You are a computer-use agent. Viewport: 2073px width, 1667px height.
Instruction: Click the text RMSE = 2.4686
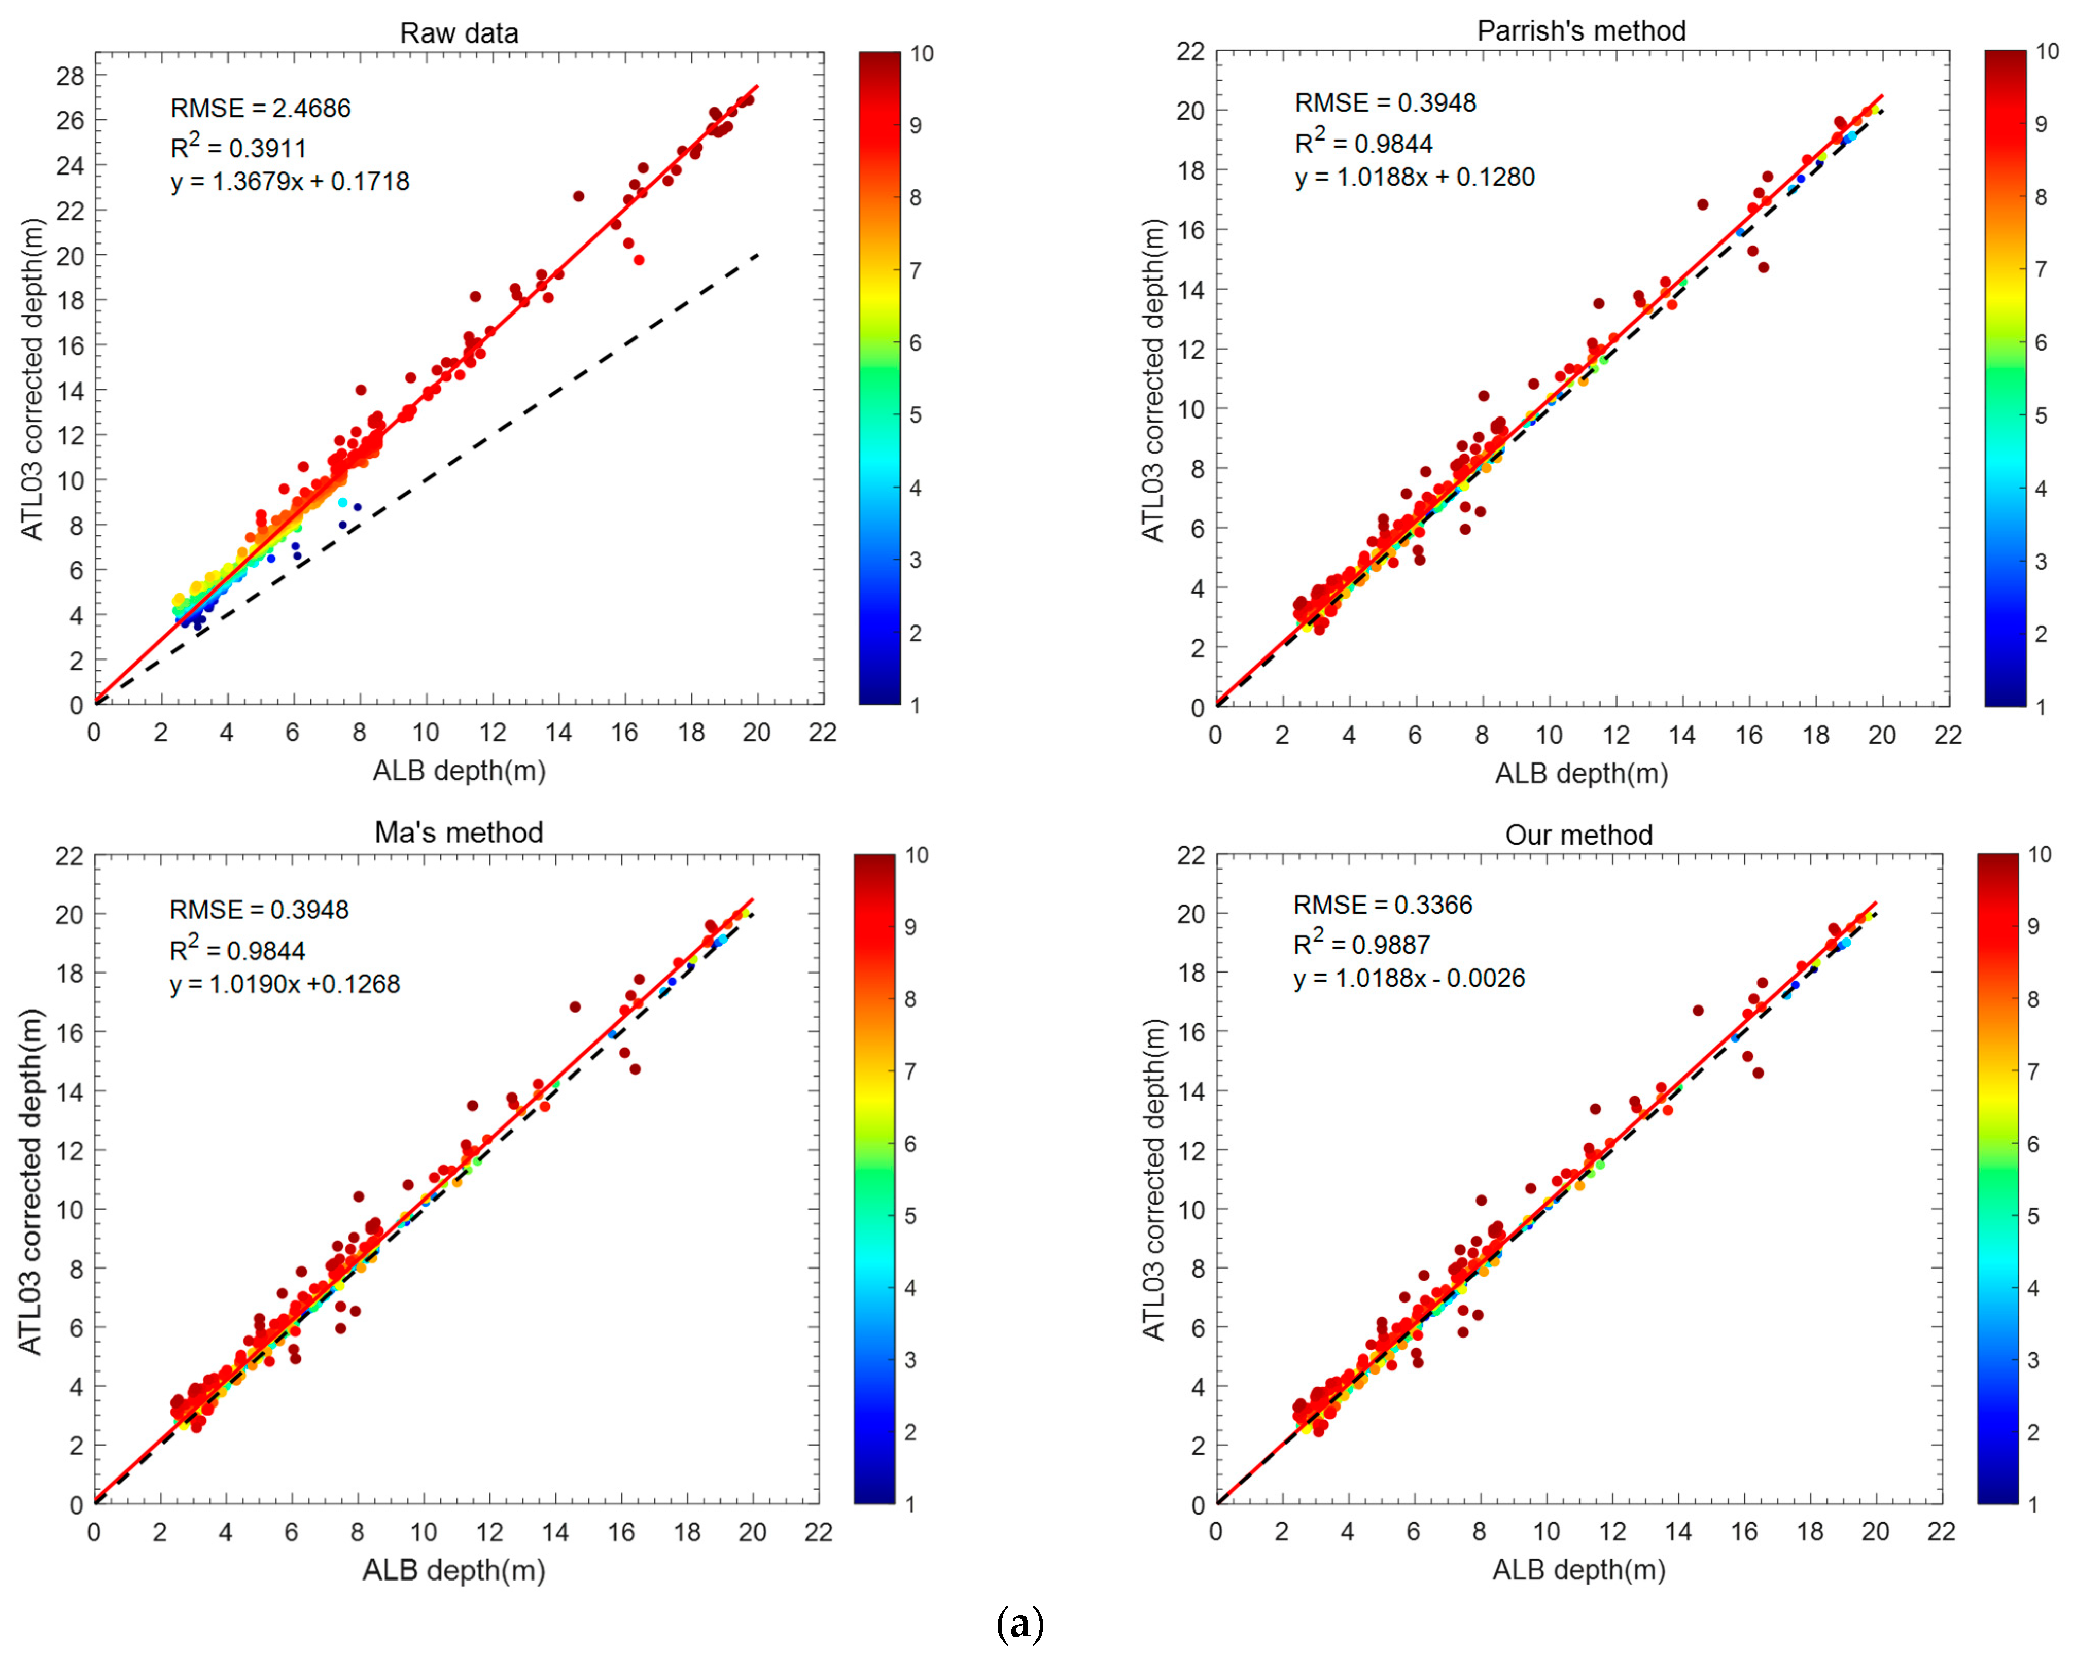coord(260,108)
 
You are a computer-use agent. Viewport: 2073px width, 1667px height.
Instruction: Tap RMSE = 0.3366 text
coord(1383,904)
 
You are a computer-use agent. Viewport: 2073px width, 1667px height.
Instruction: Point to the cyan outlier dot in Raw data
coord(342,502)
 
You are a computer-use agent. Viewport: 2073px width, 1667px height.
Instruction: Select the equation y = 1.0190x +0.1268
coord(285,984)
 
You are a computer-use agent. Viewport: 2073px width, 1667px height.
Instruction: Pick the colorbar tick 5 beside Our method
coord(2033,1216)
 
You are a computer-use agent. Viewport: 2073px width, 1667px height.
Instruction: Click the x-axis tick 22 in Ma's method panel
coord(818,1532)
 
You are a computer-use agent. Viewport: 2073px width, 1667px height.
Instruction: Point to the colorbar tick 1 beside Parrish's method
coord(2040,706)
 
